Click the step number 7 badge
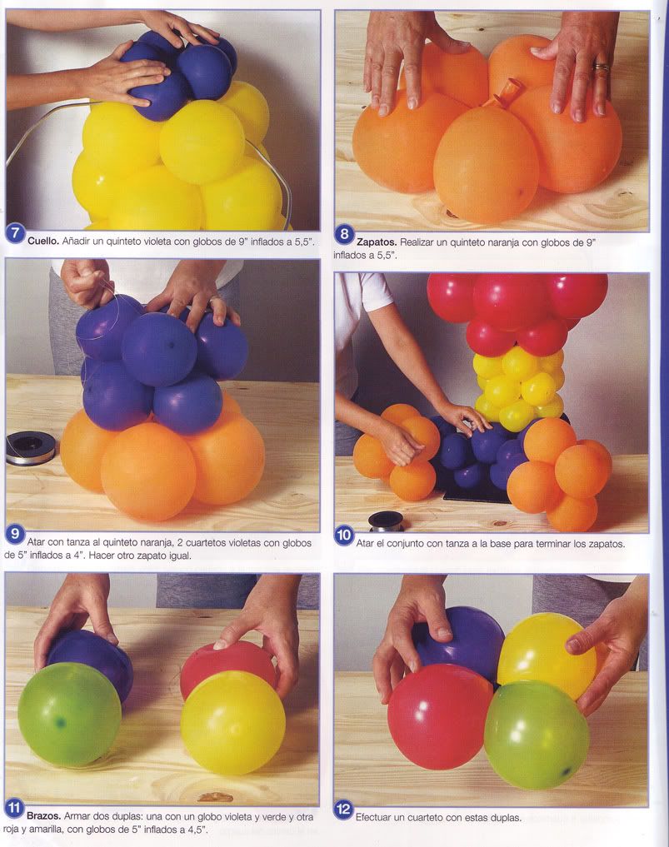tap(15, 234)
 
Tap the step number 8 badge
tap(344, 235)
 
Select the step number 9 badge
tap(15, 534)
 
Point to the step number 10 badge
tap(344, 536)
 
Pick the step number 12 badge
tap(343, 810)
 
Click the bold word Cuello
tap(43, 241)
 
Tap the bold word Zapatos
tap(376, 242)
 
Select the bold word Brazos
tap(43, 816)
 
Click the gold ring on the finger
tap(602, 67)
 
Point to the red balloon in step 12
tap(440, 716)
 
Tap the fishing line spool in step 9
tap(30, 448)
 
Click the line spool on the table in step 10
tap(385, 522)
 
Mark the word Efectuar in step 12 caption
tap(373, 817)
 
